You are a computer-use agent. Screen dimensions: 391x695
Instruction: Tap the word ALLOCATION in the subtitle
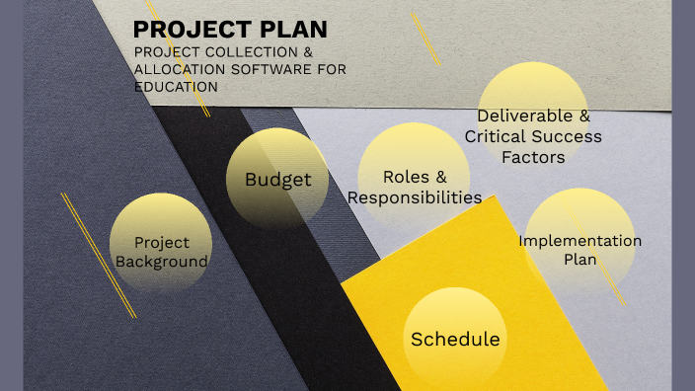(x=176, y=69)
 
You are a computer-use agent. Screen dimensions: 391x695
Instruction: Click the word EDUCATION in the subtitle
(x=176, y=87)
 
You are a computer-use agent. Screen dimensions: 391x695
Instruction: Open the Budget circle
(x=277, y=180)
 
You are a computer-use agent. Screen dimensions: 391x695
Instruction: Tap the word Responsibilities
(x=415, y=197)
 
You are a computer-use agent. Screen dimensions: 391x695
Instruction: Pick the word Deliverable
(x=520, y=116)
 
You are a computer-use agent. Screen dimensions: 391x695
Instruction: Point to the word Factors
(x=533, y=157)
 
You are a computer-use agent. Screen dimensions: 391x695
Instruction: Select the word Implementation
(x=579, y=240)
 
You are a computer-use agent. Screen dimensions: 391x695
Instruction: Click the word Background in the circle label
(x=162, y=262)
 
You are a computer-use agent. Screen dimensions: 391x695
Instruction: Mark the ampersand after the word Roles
(x=440, y=177)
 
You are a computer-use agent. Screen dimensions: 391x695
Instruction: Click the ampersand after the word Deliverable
(x=584, y=116)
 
